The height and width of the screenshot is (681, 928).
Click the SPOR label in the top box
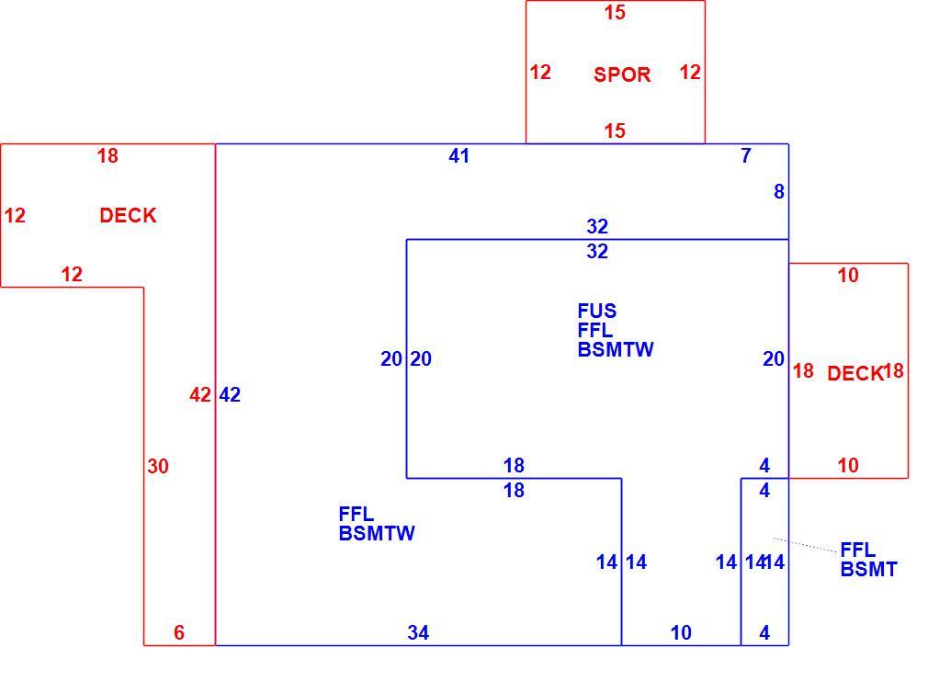[622, 74]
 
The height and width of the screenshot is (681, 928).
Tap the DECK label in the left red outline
[128, 215]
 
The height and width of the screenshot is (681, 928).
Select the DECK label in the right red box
[855, 373]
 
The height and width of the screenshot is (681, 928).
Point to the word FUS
[596, 311]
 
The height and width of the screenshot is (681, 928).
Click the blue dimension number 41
[459, 155]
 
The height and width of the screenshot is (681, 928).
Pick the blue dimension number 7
[746, 155]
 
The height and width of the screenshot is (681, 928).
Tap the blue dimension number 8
[779, 191]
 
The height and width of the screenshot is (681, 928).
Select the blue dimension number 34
[418, 632]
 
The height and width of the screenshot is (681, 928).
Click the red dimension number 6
[179, 632]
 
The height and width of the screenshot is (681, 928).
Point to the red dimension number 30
[158, 466]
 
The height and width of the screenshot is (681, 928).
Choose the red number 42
[200, 394]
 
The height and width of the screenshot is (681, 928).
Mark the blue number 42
[230, 394]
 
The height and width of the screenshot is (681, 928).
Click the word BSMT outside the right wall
[868, 569]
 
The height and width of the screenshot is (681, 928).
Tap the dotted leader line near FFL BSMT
[805, 545]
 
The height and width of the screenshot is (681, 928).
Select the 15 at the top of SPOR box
[615, 13]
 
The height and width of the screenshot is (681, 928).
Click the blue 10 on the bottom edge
[681, 632]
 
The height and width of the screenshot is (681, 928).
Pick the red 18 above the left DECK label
[108, 155]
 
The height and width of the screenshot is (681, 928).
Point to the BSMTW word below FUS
[616, 349]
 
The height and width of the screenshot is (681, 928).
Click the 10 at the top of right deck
[848, 275]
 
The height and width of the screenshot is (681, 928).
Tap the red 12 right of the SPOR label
[690, 73]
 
